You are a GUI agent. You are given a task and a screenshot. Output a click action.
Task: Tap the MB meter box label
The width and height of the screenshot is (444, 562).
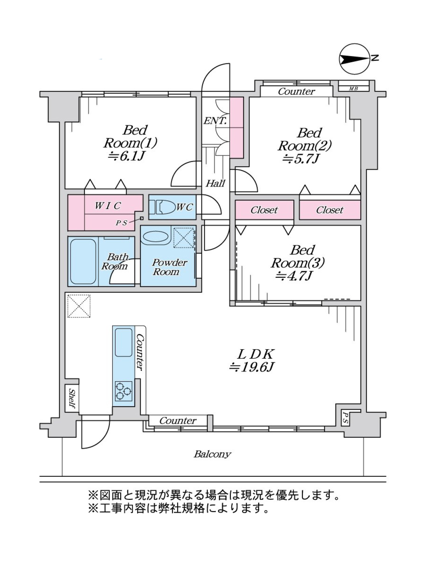353,89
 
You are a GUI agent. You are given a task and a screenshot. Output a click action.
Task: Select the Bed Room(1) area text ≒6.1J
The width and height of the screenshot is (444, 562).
127,156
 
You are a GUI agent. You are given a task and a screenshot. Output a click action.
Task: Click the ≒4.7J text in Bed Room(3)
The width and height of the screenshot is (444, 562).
293,276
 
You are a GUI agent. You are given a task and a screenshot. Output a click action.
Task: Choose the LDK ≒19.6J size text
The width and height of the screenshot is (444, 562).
251,367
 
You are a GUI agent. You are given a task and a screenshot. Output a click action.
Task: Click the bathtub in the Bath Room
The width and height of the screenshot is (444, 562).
83,261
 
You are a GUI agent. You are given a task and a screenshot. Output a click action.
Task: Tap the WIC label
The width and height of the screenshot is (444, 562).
108,206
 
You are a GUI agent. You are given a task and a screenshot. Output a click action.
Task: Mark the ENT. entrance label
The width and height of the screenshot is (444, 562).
215,121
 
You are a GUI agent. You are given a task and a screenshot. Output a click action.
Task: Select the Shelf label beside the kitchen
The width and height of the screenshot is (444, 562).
72,398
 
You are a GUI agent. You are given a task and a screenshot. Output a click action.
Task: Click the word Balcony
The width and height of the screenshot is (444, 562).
212,454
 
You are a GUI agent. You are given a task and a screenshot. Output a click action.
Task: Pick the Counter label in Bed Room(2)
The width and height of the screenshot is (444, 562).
297,91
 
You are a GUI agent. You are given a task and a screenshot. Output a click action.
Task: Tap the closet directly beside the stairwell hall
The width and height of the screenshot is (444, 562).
265,210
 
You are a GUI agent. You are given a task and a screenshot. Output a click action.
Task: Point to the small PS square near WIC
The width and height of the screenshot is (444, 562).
142,218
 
